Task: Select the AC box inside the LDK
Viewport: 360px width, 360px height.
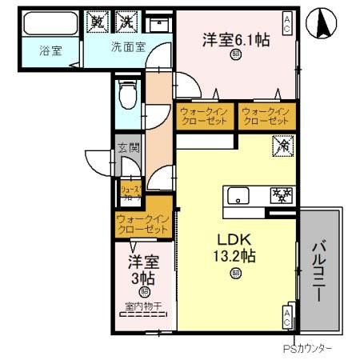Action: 286,315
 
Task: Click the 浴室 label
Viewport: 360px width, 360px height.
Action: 53,49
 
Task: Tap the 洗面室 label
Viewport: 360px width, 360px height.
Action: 127,46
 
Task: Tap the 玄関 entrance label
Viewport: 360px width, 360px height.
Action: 128,147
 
